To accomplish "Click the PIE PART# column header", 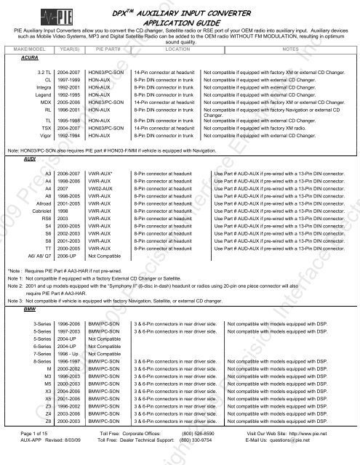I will coord(103,49).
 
